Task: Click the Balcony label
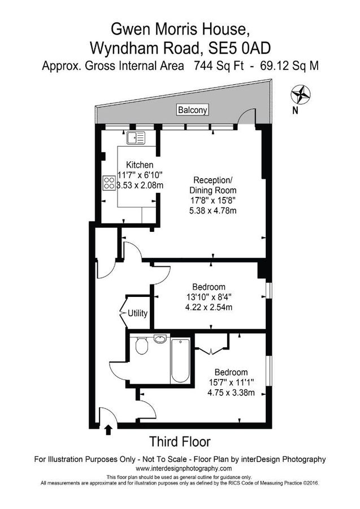click(x=193, y=110)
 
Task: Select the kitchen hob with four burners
click(x=108, y=183)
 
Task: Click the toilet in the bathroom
click(x=142, y=346)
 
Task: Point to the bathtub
click(x=182, y=361)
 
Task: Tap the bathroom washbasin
click(x=161, y=339)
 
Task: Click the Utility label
click(x=138, y=312)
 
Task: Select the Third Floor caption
click(x=180, y=441)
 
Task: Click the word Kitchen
click(x=140, y=165)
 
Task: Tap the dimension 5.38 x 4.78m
click(x=212, y=211)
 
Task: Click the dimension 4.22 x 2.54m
click(x=209, y=308)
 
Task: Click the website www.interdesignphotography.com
click(x=184, y=469)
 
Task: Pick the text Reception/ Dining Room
click(x=212, y=185)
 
